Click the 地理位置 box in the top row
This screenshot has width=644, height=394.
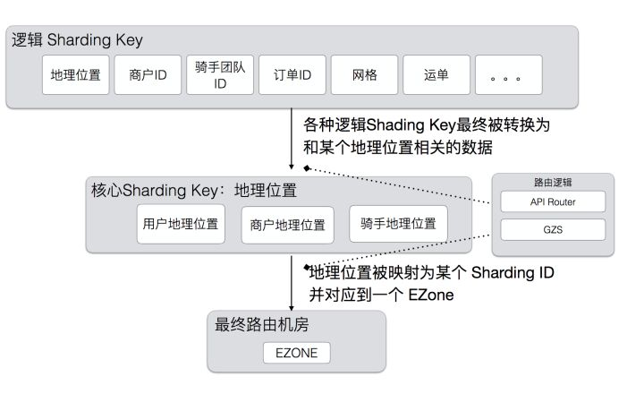(x=77, y=75)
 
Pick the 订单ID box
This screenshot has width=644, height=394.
(x=292, y=75)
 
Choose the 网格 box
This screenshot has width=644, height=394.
(x=365, y=75)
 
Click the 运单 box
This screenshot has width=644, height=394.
(x=436, y=75)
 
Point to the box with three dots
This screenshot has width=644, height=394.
(x=508, y=75)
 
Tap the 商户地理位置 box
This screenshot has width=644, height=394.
(x=283, y=225)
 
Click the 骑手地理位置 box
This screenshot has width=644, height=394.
(x=398, y=224)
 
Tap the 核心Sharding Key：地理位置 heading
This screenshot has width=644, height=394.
(x=193, y=191)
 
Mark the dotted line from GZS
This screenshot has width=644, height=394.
(x=402, y=251)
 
